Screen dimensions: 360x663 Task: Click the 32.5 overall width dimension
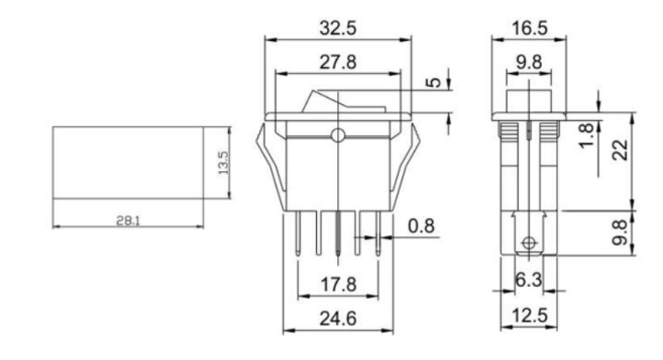pyautogui.click(x=338, y=29)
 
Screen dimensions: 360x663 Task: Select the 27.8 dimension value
pyautogui.click(x=338, y=62)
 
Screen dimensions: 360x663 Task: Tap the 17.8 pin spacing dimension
pyautogui.click(x=338, y=286)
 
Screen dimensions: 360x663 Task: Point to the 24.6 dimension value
pyautogui.click(x=338, y=317)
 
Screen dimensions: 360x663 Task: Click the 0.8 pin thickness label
pyautogui.click(x=420, y=228)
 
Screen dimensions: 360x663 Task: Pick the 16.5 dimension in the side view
pyautogui.click(x=530, y=29)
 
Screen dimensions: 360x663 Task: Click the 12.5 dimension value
pyautogui.click(x=529, y=317)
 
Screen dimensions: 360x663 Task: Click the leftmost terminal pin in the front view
pyautogui.click(x=298, y=233)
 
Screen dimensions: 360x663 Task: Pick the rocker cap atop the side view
pyautogui.click(x=528, y=99)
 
